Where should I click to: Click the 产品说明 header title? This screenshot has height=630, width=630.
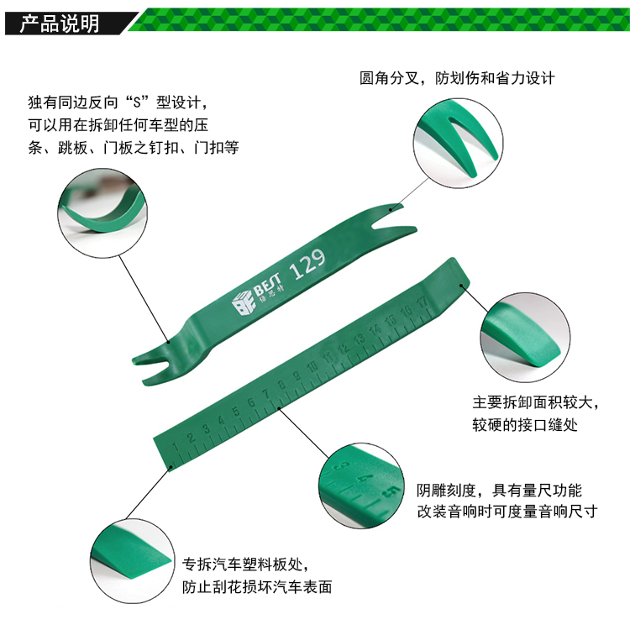(60, 24)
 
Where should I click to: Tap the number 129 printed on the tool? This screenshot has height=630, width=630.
(307, 264)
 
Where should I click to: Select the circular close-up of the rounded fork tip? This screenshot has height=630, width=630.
(458, 143)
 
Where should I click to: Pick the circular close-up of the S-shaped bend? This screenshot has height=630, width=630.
(102, 213)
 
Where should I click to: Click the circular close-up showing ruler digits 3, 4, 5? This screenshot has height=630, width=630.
(361, 486)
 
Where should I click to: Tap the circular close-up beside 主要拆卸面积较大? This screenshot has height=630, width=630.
(525, 338)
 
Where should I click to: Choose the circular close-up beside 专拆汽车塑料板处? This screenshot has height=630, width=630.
(133, 561)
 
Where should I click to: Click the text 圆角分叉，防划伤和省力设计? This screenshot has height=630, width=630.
(457, 78)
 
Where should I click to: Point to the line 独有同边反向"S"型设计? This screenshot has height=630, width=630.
(118, 102)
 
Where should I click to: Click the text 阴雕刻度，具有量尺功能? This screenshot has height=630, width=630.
(499, 491)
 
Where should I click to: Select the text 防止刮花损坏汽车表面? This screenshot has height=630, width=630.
(257, 587)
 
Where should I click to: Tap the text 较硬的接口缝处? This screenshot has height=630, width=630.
(525, 425)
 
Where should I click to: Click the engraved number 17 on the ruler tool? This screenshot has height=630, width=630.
(423, 303)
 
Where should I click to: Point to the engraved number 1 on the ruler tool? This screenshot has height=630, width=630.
(176, 447)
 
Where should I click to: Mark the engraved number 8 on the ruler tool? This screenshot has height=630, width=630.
(281, 385)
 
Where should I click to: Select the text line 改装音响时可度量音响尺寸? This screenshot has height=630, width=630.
(507, 512)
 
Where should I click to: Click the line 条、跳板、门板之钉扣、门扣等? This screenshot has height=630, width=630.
(134, 148)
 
